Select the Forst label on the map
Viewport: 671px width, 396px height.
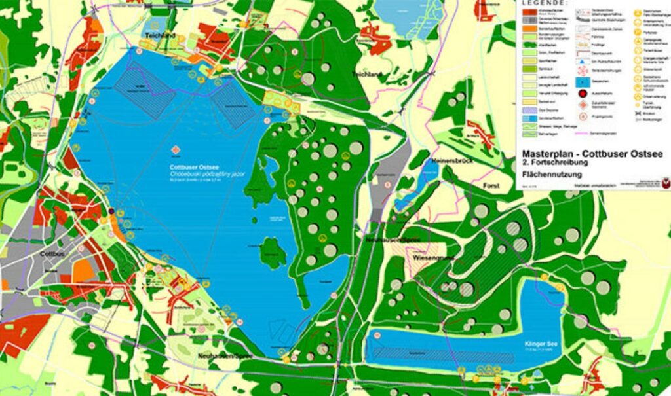click(491, 186)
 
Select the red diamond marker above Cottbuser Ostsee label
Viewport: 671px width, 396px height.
click(176, 149)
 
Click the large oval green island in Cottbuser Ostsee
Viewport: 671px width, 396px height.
click(273, 252)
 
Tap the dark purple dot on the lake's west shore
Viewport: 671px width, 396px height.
click(111, 211)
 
